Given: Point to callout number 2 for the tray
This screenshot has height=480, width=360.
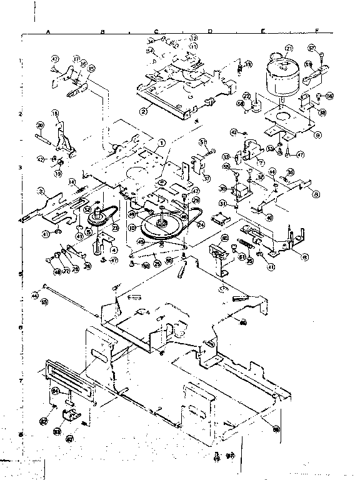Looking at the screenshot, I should [144, 111].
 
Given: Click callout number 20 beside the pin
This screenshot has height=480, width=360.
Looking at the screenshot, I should [39, 126].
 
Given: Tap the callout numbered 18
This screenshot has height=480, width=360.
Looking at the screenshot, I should [55, 113].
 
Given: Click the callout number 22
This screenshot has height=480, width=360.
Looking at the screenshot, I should [246, 96].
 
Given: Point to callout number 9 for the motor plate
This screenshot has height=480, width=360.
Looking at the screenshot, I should [318, 134].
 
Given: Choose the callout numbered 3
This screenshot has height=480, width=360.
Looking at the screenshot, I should [39, 191].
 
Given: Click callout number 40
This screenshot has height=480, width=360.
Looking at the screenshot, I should [269, 217].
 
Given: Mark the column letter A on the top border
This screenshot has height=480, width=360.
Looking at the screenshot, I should [48, 30].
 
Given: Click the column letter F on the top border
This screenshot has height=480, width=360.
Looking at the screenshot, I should [317, 30].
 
